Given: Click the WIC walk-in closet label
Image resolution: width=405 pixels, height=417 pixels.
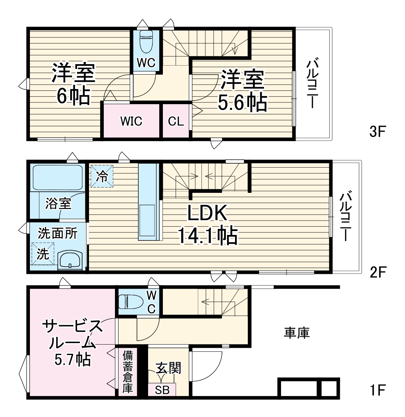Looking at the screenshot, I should [x=131, y=121].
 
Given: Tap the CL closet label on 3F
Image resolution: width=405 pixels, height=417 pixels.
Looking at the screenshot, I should [x=176, y=121].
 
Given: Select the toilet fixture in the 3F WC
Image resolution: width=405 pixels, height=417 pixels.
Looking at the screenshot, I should [x=146, y=41].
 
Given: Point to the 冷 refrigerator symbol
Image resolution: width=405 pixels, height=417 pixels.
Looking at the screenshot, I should [x=102, y=176].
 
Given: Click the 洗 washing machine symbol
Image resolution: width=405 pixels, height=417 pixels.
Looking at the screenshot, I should [x=43, y=254].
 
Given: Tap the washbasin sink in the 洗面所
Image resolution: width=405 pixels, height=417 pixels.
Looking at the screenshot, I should [x=70, y=259].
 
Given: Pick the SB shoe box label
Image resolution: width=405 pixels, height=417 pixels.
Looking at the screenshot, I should [x=162, y=390].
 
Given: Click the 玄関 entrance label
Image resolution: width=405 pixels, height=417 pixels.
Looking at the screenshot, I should [x=168, y=368].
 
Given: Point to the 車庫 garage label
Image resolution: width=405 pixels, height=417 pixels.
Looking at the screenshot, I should [x=297, y=333].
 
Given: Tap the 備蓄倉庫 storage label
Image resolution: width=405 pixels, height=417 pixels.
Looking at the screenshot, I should [x=128, y=371].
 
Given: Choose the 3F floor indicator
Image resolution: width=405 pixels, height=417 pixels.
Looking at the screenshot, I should [x=377, y=132].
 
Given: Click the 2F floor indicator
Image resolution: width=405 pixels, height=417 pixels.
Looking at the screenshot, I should [x=377, y=272].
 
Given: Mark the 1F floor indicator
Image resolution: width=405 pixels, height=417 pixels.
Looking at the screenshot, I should [x=377, y=390].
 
